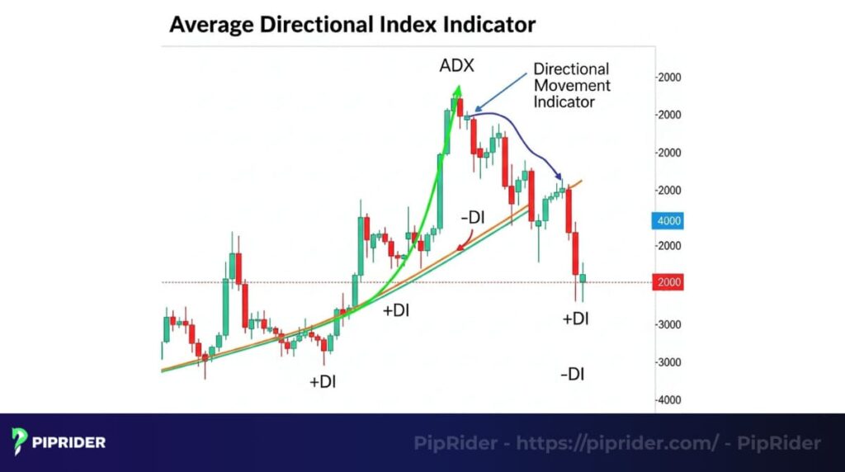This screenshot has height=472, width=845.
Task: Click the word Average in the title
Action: [211, 25]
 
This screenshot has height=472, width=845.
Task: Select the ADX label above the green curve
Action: [456, 65]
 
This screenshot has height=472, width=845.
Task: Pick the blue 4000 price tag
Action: [669, 221]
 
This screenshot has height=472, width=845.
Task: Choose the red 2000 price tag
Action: [669, 283]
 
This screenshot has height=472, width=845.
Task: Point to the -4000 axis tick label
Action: [669, 400]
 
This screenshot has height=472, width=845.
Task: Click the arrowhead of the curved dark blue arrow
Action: [561, 178]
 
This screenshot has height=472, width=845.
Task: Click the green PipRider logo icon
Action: [21, 442]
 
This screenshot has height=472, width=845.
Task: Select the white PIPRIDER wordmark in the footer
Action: [69, 443]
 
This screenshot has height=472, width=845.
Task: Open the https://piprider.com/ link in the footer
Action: [616, 443]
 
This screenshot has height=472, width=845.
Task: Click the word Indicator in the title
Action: [489, 25]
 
